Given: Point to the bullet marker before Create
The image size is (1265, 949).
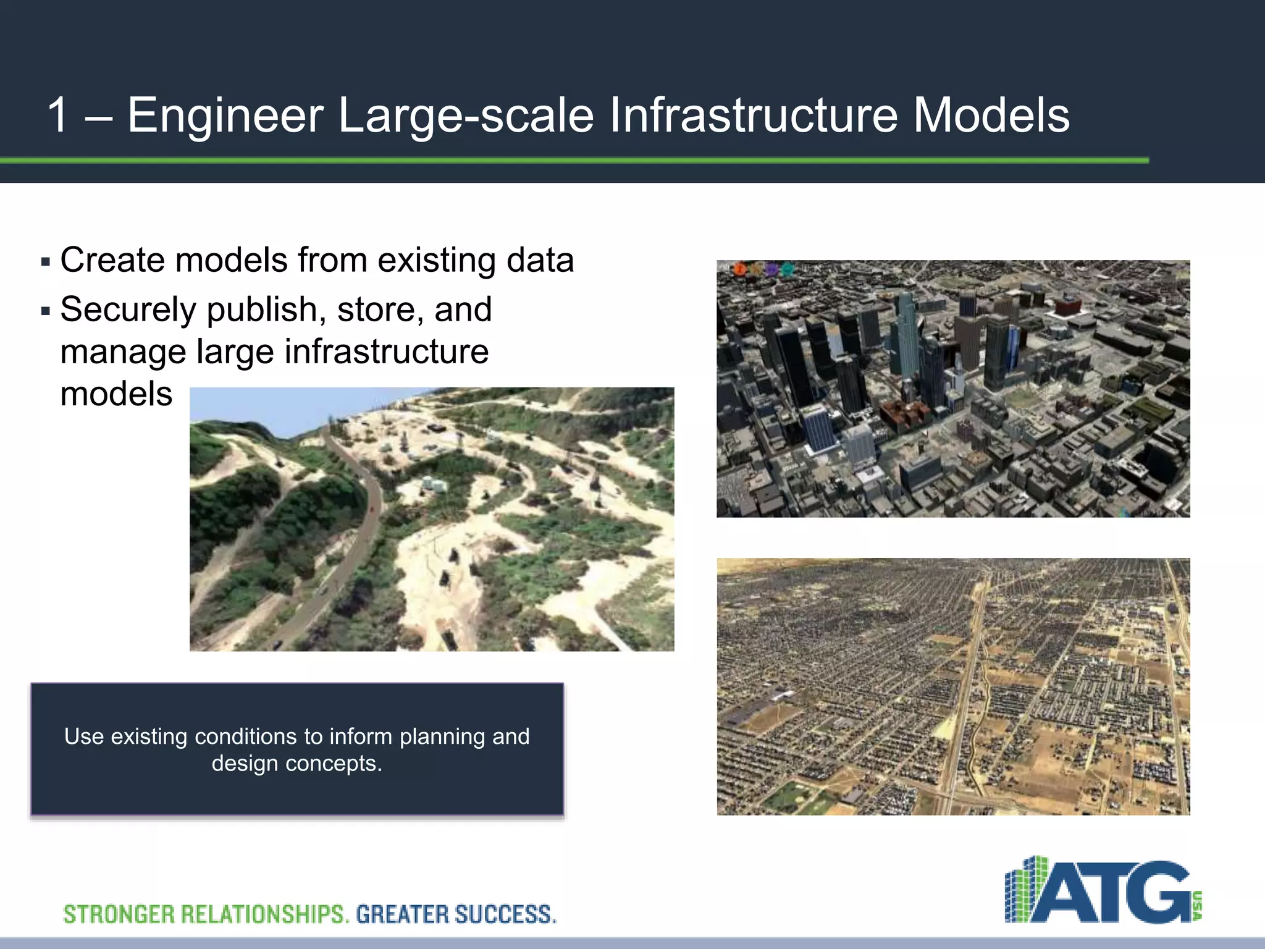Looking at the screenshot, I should click(x=45, y=262).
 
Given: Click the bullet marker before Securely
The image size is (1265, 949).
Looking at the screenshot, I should click(x=45, y=311).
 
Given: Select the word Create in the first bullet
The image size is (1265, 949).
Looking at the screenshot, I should click(x=111, y=259).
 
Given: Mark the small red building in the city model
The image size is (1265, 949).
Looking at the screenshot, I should click(x=1067, y=305).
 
